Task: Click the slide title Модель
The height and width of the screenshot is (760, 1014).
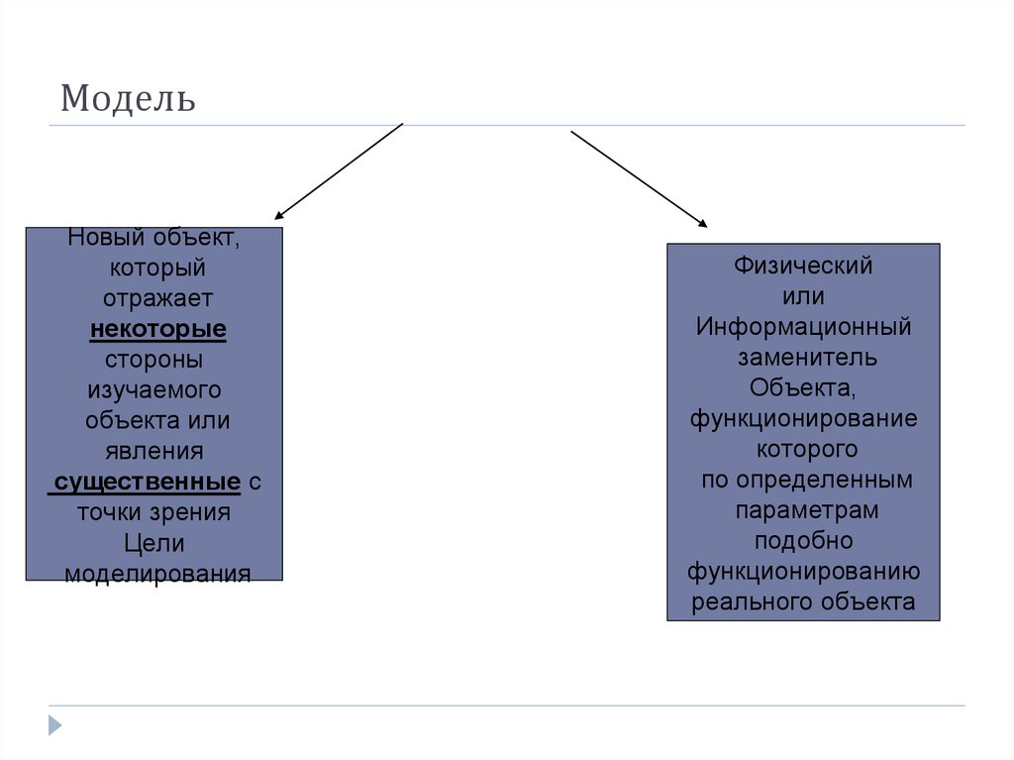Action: click(x=128, y=99)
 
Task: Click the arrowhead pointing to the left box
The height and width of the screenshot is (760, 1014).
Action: click(x=278, y=215)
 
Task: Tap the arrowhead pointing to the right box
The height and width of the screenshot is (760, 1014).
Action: click(x=704, y=226)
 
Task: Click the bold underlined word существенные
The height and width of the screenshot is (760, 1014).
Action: click(x=147, y=483)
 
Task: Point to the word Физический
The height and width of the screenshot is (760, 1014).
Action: click(x=803, y=266)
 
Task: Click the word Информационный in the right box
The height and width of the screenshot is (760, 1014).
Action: click(x=803, y=327)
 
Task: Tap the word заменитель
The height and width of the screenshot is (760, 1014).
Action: click(x=803, y=357)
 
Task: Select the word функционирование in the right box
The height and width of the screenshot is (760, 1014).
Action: click(x=803, y=418)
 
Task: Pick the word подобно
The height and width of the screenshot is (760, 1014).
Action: click(x=803, y=541)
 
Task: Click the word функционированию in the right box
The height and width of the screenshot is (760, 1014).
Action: click(x=803, y=572)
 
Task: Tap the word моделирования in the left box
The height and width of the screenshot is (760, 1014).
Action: click(x=157, y=575)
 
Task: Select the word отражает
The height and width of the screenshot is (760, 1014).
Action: click(x=157, y=298)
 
